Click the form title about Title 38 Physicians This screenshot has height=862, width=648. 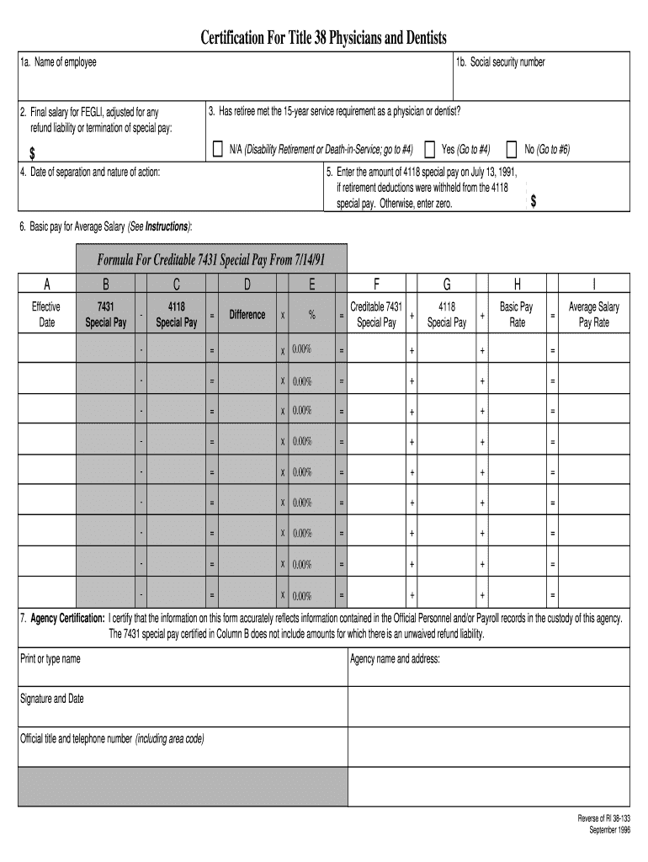click(323, 38)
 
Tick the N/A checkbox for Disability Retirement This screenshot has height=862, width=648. click(219, 149)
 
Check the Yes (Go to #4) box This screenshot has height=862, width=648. click(430, 149)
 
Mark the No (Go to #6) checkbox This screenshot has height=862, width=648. click(512, 149)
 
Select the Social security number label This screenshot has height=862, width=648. click(500, 62)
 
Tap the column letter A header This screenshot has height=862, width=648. click(47, 284)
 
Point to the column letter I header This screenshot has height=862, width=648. click(593, 284)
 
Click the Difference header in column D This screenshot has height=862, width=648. click(247, 315)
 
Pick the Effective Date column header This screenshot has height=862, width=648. click(47, 314)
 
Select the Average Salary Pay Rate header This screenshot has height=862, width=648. click(593, 314)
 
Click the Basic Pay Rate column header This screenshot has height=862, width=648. click(516, 314)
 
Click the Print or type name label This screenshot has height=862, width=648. click(50, 659)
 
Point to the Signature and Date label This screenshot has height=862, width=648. click(52, 699)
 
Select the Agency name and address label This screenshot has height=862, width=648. click(395, 659)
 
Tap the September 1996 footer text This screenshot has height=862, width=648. click(606, 829)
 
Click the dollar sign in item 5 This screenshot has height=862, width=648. click(534, 202)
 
